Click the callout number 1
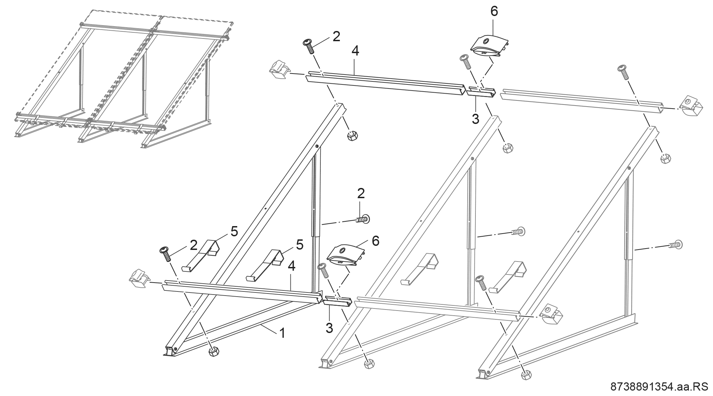click(282, 333)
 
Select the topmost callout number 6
click(494, 12)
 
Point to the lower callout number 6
click(375, 241)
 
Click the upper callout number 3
click(475, 119)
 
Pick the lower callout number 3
click(329, 328)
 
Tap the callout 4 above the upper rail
click(355, 51)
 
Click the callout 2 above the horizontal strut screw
click(361, 193)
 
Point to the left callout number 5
click(234, 231)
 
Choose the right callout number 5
click(299, 245)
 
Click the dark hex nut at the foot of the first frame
click(214, 351)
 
